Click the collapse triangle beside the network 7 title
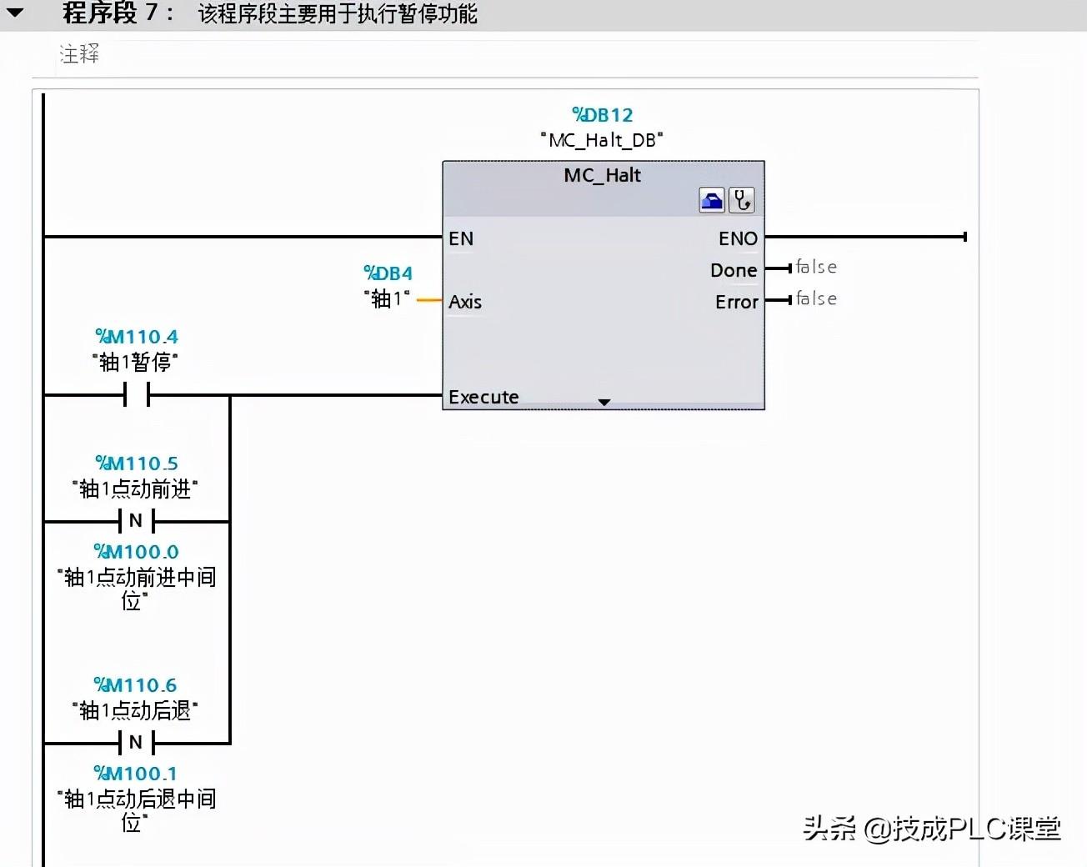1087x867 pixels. [x=15, y=13]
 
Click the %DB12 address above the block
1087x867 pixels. [x=602, y=115]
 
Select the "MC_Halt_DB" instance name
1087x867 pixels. [x=602, y=140]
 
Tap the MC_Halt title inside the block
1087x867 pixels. [x=602, y=175]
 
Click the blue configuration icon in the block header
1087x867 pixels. [x=712, y=200]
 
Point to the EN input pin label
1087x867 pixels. [x=461, y=238]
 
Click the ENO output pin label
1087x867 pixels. [x=738, y=238]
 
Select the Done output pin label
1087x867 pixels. [x=734, y=270]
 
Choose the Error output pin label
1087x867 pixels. [x=737, y=302]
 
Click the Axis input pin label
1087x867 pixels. [x=465, y=302]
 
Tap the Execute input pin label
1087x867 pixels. [x=483, y=397]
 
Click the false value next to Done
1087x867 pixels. [x=816, y=267]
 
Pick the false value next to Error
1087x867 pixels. [x=816, y=298]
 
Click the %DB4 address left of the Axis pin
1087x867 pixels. [x=388, y=273]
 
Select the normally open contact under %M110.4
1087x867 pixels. [x=137, y=394]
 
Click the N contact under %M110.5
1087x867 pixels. [x=137, y=521]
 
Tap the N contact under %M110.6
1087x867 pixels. [x=137, y=743]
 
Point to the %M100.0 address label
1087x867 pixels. [x=137, y=552]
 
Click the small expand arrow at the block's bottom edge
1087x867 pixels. [x=604, y=402]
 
